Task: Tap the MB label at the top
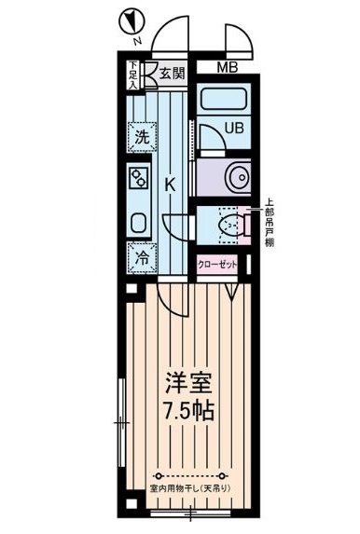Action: point(227,67)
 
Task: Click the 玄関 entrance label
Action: point(169,74)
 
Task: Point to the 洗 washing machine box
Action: point(141,136)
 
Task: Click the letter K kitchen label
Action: point(171,185)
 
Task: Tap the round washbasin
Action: point(233,176)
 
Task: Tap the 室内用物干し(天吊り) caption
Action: point(189,488)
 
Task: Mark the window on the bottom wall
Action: point(187,512)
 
